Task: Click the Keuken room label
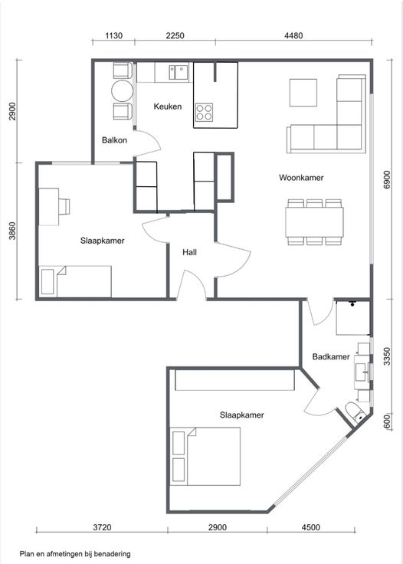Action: point(168,107)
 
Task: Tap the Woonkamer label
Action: point(301,177)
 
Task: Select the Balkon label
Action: point(114,140)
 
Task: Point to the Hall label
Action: point(189,252)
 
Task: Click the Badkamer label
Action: point(331,356)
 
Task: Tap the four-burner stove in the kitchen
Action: point(205,112)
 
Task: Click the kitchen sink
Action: point(179,72)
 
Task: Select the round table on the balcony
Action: point(123,91)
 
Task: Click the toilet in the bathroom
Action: point(355,412)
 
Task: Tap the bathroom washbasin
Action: point(362,372)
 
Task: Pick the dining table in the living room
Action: point(314,222)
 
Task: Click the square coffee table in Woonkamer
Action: point(303,93)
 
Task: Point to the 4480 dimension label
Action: point(293,35)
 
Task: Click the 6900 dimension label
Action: point(387,179)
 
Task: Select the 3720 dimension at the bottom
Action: point(102,527)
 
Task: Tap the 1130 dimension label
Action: point(113,35)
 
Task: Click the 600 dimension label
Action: point(387,421)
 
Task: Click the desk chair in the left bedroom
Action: point(64,206)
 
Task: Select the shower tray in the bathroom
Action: point(352,318)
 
